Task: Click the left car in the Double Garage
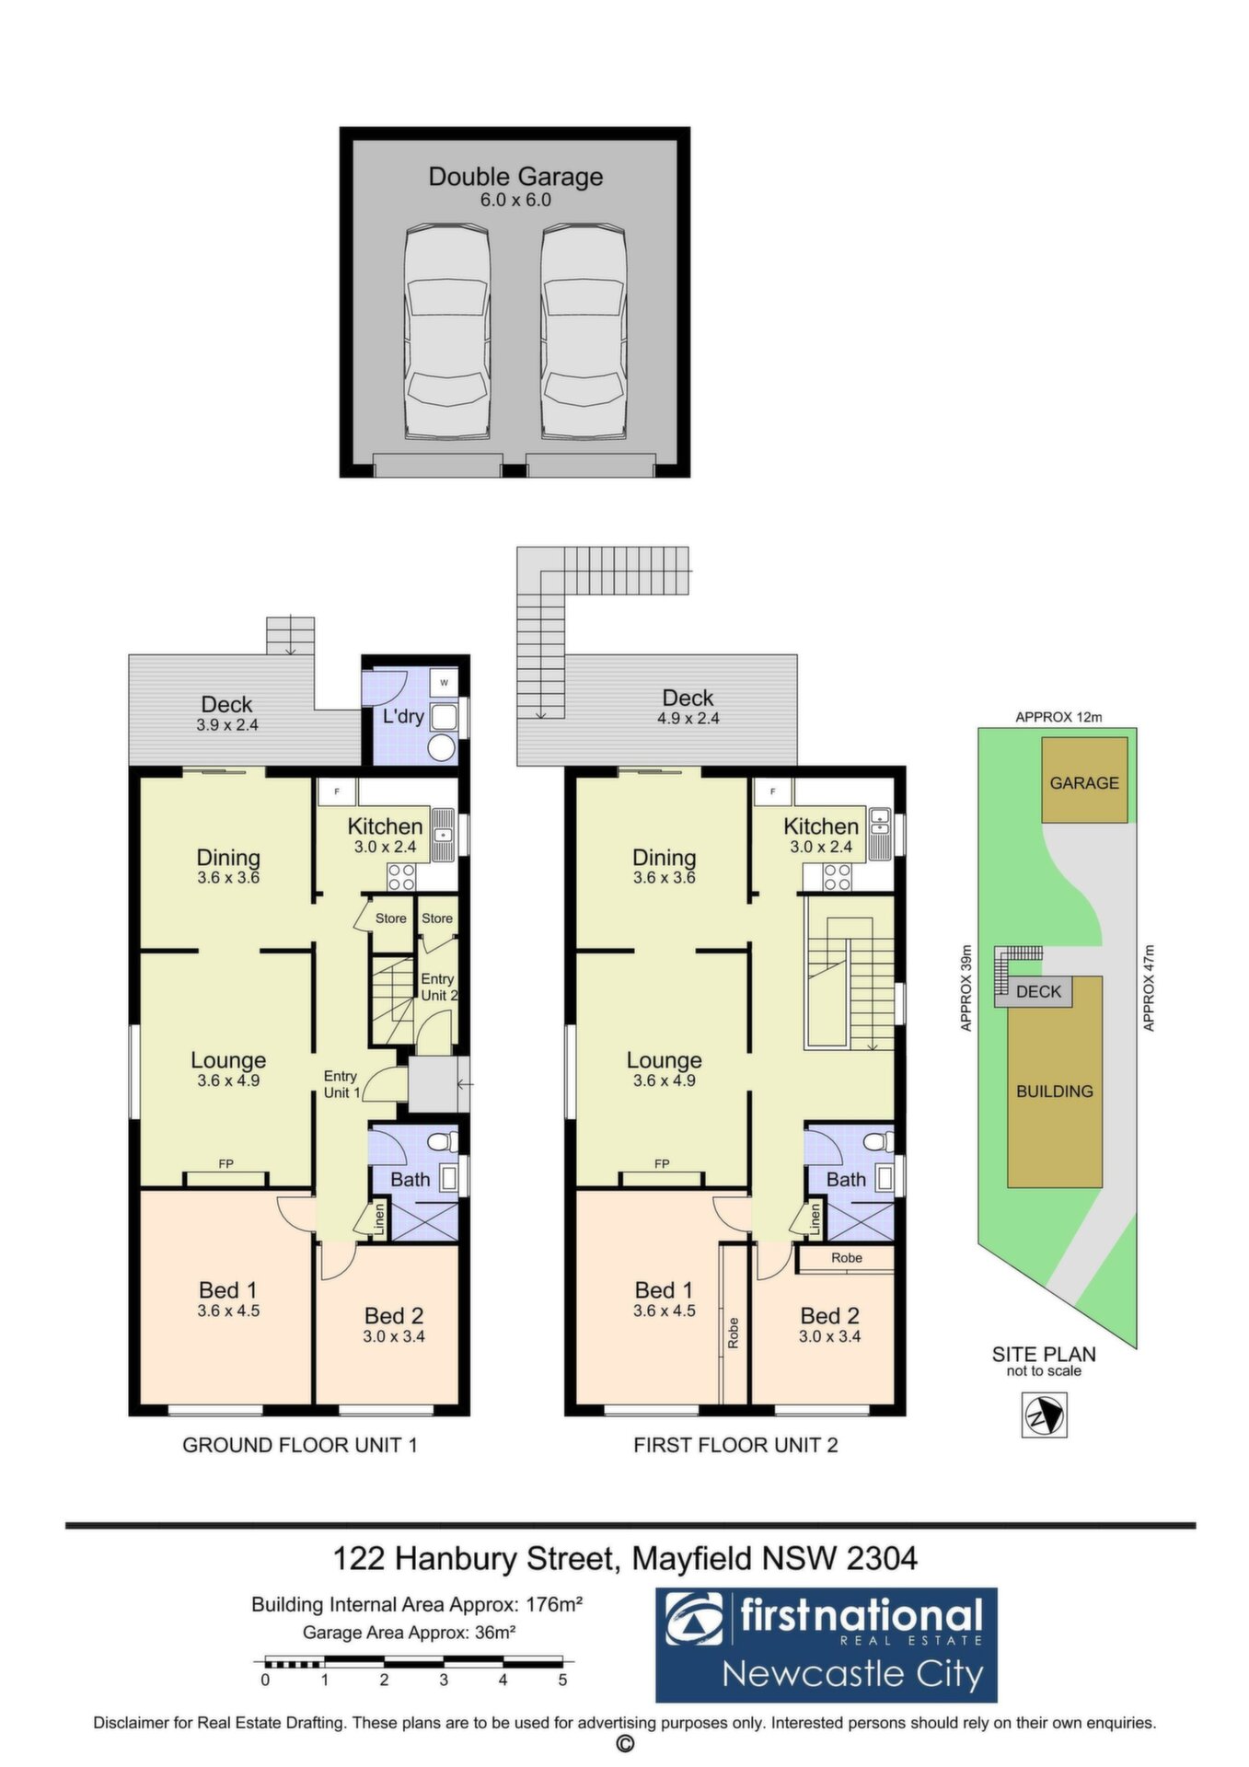[x=446, y=332]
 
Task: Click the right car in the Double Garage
[x=584, y=332]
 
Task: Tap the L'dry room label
[x=403, y=716]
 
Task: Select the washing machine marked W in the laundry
[x=445, y=683]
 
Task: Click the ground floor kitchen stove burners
[x=401, y=877]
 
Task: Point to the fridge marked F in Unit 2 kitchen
[x=773, y=791]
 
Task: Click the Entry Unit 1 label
[x=341, y=1084]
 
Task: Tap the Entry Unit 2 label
[x=438, y=987]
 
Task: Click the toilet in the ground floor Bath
[x=442, y=1142]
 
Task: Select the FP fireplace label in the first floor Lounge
[x=662, y=1164]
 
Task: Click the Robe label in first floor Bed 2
[x=847, y=1258]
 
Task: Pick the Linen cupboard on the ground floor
[x=379, y=1219]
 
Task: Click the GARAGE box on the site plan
[x=1084, y=780]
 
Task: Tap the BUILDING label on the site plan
[x=1055, y=1091]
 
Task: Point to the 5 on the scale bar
[x=562, y=1680]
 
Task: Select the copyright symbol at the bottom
[x=625, y=1744]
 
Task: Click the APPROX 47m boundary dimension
[x=1148, y=987]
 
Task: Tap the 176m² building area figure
[x=554, y=1605]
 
